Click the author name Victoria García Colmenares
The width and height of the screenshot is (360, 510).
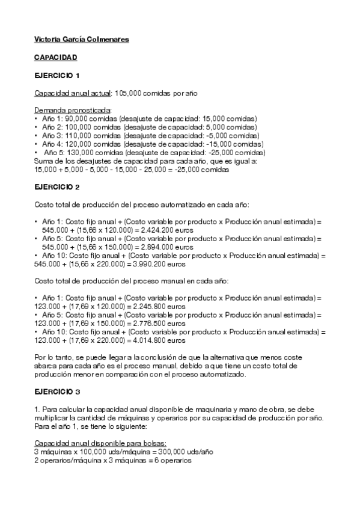pyautogui.click(x=81, y=40)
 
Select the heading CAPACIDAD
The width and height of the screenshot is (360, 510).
pyautogui.click(x=55, y=58)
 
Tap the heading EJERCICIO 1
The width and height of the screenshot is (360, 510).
pyautogui.click(x=56, y=76)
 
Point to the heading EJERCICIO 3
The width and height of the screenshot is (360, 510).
pyautogui.click(x=56, y=392)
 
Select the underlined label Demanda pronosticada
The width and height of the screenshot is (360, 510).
pyautogui.click(x=73, y=111)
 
